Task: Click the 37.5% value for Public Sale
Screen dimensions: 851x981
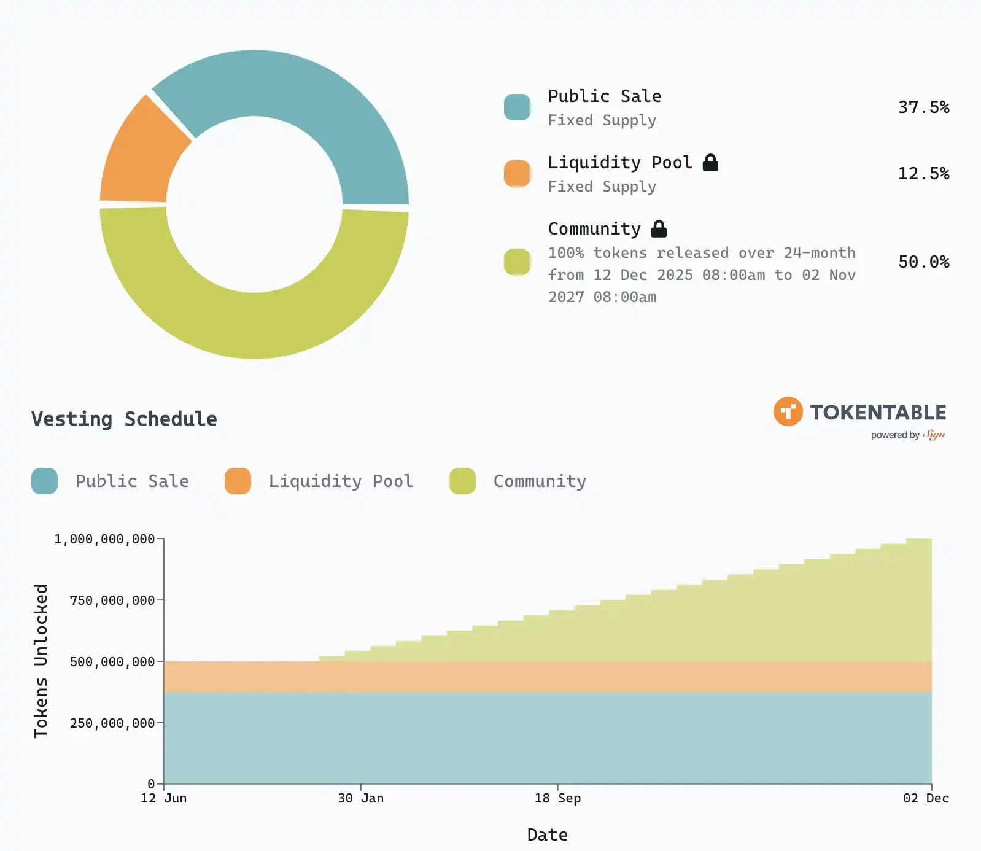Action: [x=923, y=107]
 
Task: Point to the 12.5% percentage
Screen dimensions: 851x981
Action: [x=923, y=174]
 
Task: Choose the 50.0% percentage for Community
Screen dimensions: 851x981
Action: [x=923, y=262]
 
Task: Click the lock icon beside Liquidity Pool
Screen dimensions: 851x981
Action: [x=710, y=163]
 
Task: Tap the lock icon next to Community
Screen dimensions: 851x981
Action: [x=659, y=229]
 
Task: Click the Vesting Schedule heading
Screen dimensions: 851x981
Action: [x=124, y=419]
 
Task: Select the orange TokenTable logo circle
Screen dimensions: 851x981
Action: [x=788, y=411]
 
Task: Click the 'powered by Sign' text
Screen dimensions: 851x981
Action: [x=907, y=435]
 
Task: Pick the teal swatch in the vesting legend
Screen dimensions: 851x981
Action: [x=44, y=481]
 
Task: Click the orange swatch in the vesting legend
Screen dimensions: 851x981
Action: [x=238, y=481]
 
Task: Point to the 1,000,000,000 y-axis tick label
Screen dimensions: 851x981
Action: [x=104, y=539]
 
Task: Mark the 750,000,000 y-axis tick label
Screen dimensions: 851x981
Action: [x=112, y=600]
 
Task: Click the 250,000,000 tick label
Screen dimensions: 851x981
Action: [x=112, y=723]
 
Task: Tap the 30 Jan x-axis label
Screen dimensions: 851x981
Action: [x=360, y=798]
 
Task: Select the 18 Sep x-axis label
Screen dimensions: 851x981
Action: [x=557, y=798]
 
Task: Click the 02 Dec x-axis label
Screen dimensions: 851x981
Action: [x=926, y=798]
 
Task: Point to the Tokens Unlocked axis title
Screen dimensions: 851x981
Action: [x=41, y=661]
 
